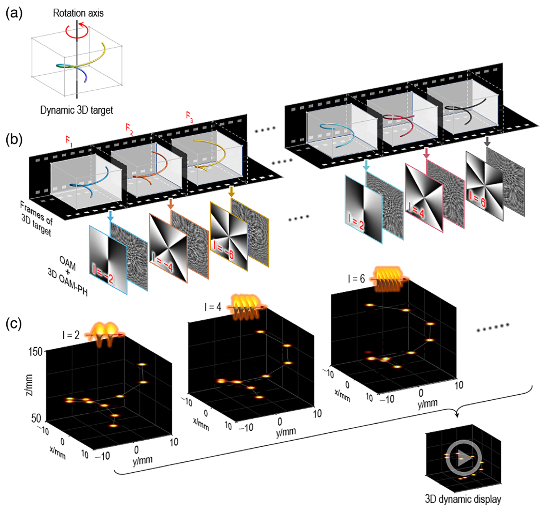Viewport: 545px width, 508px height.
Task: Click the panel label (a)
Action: click(14, 13)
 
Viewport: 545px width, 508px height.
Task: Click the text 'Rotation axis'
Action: click(78, 13)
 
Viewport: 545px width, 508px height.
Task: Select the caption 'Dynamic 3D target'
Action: click(76, 110)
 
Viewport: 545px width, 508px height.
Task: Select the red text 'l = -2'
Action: click(103, 274)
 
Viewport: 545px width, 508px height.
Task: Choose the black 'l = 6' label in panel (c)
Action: click(356, 279)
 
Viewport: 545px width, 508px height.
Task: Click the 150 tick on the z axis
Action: click(35, 352)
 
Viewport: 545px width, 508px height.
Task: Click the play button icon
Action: click(463, 458)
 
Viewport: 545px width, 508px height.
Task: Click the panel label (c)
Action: click(14, 324)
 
